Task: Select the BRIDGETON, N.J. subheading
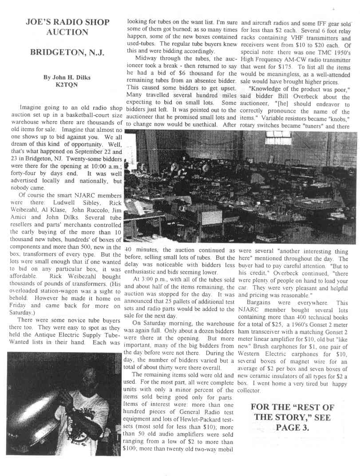(x=67, y=52)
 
